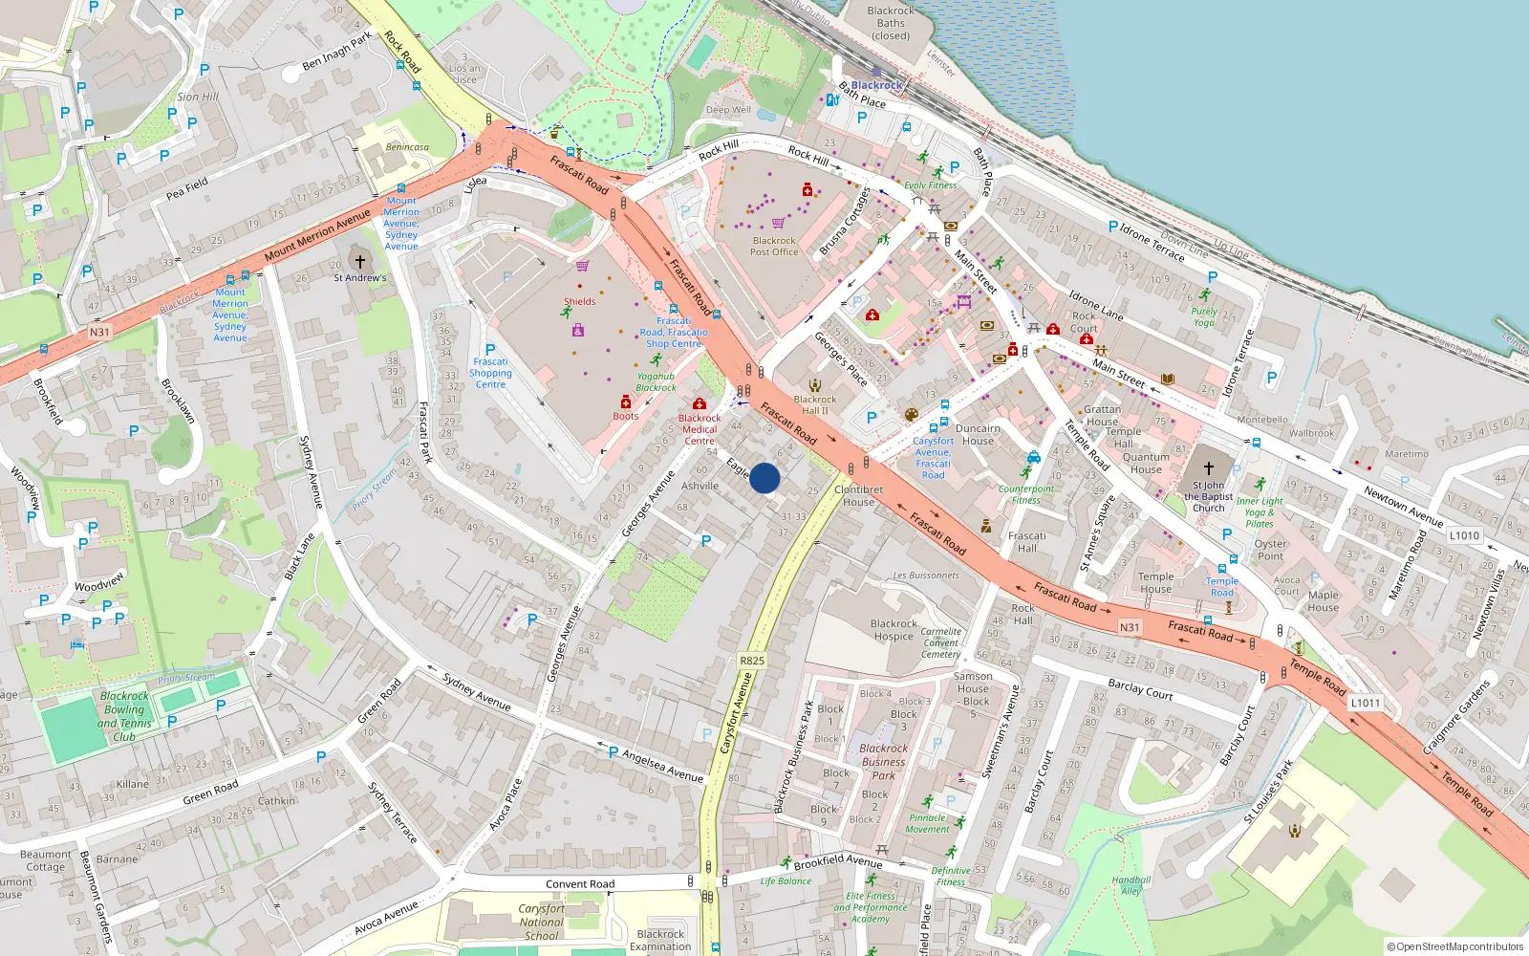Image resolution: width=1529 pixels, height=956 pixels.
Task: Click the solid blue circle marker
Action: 764,478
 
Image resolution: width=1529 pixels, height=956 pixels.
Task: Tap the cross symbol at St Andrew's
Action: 360,261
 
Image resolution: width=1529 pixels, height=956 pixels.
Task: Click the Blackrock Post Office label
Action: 774,247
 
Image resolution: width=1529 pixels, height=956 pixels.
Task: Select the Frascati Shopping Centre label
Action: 490,373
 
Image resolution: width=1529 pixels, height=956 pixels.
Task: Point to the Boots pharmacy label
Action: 626,416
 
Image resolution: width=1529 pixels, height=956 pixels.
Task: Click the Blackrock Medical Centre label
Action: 700,429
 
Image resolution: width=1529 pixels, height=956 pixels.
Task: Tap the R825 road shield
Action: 752,661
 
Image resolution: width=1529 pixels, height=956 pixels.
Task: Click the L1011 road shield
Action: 1365,703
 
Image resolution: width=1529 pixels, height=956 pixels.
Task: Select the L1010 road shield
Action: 1464,535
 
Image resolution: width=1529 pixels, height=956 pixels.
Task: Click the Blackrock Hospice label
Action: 894,630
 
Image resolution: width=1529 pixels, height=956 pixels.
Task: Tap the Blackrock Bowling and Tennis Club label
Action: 124,716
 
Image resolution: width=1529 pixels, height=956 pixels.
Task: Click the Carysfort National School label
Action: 541,922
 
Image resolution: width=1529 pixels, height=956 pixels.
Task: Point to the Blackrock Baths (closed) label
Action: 891,23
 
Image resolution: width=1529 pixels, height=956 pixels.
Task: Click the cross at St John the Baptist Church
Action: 1208,468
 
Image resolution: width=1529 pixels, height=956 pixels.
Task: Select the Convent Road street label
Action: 580,884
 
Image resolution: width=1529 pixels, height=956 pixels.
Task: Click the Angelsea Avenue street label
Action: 662,766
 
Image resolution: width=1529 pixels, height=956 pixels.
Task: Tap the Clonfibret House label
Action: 858,495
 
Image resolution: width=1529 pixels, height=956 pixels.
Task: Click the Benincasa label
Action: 407,147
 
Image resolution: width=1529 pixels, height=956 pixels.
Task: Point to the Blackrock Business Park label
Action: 884,762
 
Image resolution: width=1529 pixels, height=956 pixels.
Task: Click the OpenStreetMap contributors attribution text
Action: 1454,946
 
